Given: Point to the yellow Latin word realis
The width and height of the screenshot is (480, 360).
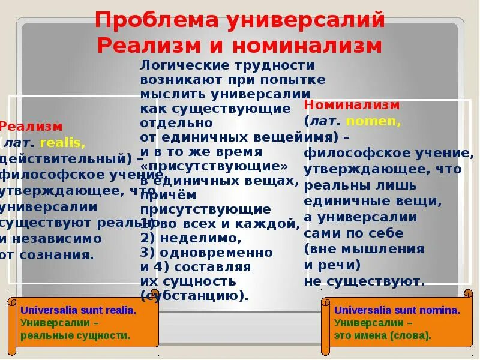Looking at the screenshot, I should pyautogui.click(x=63, y=143).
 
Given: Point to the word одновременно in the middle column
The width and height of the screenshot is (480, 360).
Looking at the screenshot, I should pyautogui.click(x=223, y=253).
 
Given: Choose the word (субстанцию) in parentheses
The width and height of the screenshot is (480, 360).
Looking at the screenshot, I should pyautogui.click(x=194, y=296).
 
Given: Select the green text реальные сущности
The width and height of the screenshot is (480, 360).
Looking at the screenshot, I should pyautogui.click(x=75, y=335).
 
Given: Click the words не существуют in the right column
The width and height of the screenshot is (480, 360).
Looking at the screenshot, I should pyautogui.click(x=364, y=280).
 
